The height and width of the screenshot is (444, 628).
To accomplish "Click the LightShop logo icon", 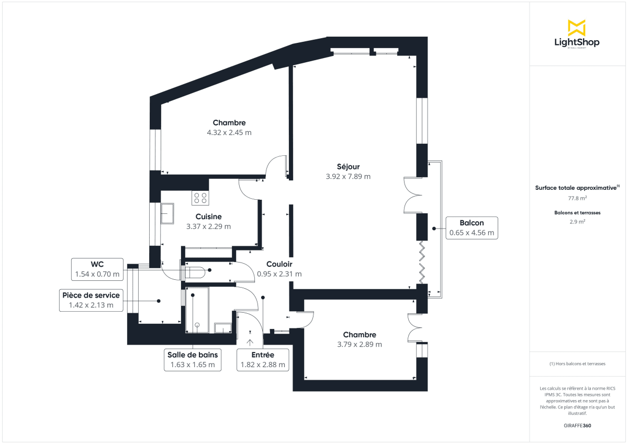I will click(x=577, y=28).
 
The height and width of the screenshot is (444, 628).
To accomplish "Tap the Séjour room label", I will click(x=348, y=167).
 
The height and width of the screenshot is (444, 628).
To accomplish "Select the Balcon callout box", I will click(x=472, y=228).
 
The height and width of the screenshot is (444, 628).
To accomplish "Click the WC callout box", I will click(x=97, y=269).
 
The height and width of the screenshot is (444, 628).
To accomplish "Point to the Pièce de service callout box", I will click(x=91, y=300).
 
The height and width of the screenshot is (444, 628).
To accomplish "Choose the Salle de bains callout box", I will click(x=193, y=360).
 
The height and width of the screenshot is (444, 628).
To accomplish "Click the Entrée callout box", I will click(x=263, y=360).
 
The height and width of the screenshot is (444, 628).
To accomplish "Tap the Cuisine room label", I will click(x=208, y=217).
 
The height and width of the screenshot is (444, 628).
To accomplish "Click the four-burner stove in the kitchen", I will click(x=200, y=198).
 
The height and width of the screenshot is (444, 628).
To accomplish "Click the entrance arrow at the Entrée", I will click(x=250, y=342).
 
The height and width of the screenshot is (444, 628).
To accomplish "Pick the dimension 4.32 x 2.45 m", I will click(x=229, y=133).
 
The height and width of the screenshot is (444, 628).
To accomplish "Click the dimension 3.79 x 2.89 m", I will click(x=360, y=345).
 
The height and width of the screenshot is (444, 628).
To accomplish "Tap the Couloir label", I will click(x=279, y=265).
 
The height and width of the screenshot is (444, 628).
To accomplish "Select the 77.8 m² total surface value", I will click(x=577, y=198).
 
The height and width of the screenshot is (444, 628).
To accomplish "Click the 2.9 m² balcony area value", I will click(x=577, y=222).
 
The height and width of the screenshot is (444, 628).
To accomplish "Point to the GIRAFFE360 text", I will click(x=577, y=426).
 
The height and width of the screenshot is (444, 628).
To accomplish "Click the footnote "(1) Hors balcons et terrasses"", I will click(x=577, y=363).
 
